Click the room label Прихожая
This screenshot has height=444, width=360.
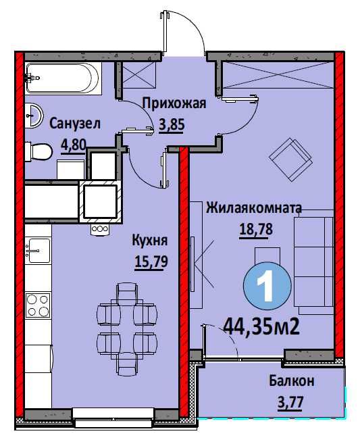[x=174, y=104]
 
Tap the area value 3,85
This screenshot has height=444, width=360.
[x=172, y=124]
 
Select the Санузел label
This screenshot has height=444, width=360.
[x=75, y=124]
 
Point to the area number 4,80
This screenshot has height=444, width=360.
[x=73, y=145]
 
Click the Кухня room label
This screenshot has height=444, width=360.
[x=150, y=241]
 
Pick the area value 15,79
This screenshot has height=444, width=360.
[x=151, y=262]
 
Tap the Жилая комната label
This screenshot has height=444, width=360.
[x=254, y=208]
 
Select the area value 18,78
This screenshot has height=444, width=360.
[x=256, y=229]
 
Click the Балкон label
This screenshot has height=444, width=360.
[x=292, y=381]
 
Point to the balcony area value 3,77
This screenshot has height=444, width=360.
[x=290, y=402]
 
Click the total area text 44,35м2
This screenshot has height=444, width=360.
[x=261, y=328]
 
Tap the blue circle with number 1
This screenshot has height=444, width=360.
[x=267, y=285]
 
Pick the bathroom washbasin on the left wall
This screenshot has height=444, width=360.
[x=33, y=116]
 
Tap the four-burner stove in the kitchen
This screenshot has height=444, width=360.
[x=38, y=305]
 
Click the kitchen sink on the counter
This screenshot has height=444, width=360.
[x=38, y=251]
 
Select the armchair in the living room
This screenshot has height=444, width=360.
[x=290, y=159]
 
